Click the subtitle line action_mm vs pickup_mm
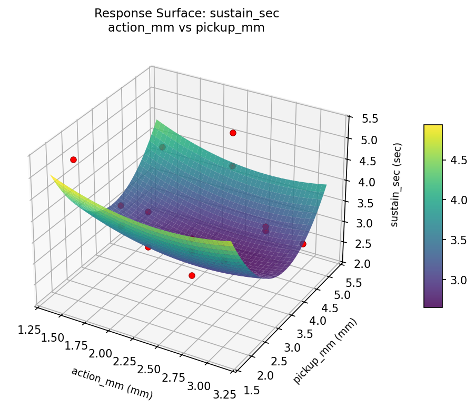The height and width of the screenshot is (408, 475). (x=186, y=28)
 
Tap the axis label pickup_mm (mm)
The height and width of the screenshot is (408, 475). (x=325, y=351)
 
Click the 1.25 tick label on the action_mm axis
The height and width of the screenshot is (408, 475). (x=30, y=330)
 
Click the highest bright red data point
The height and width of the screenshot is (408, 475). (x=233, y=133)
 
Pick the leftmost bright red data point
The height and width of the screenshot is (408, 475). (x=73, y=160)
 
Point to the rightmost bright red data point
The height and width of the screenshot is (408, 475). (x=303, y=244)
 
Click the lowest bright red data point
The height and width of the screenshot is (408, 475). (x=192, y=275)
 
